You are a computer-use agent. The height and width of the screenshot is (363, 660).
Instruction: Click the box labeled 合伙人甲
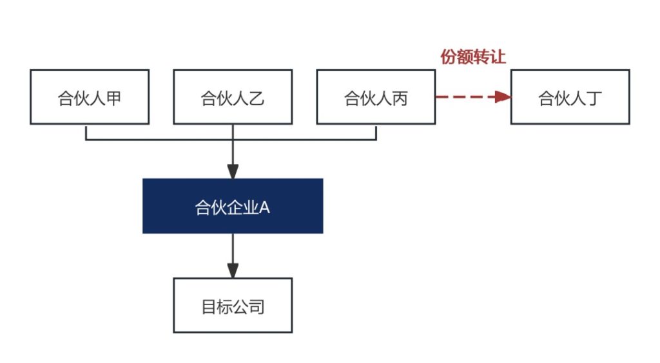point(90,97)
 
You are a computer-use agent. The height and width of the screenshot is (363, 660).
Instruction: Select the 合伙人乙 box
point(233,97)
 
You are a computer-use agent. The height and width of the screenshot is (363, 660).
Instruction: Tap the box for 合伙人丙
point(376,97)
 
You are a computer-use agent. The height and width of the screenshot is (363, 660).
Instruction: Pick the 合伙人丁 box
point(570,97)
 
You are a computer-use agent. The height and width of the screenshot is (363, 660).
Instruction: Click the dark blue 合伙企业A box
point(233,206)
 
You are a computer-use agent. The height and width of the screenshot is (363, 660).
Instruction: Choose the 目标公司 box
point(233,306)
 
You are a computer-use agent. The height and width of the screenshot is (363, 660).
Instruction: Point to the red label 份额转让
point(473,57)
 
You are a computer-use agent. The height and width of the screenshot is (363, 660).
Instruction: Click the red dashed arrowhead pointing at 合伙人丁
point(503,97)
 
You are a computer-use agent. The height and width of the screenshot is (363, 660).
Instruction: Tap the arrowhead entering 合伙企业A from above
point(233,171)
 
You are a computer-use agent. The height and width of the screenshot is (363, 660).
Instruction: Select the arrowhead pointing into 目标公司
point(233,270)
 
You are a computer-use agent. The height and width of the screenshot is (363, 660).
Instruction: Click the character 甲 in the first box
point(113,98)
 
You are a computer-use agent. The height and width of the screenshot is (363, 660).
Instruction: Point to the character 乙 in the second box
point(257,98)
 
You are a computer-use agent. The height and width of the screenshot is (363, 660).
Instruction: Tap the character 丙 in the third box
point(400,98)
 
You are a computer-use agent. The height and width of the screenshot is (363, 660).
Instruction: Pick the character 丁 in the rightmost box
point(594,98)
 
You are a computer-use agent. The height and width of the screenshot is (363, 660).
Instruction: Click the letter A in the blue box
point(264,207)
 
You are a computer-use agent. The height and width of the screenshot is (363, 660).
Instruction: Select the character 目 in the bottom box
point(209,307)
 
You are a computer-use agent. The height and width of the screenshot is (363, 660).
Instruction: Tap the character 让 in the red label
point(498,57)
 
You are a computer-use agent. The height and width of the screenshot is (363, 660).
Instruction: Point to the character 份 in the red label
point(449,57)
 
